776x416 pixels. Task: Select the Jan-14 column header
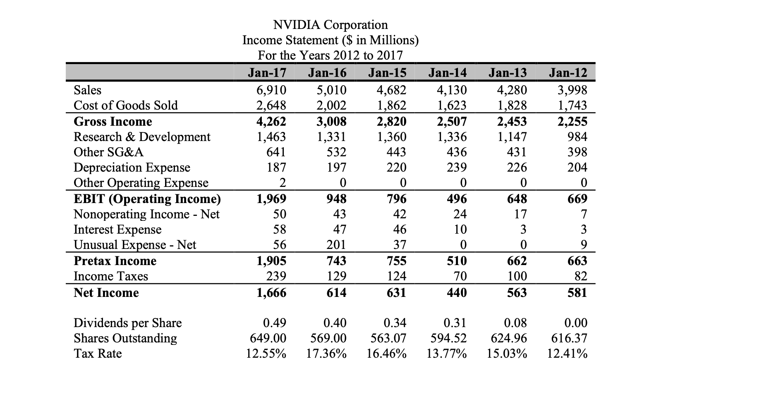click(448, 73)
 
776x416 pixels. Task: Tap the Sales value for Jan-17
click(271, 90)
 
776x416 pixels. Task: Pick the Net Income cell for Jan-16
click(336, 293)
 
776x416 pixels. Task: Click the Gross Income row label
click(113, 122)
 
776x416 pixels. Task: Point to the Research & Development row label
click(142, 137)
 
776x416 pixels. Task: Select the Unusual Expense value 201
click(336, 245)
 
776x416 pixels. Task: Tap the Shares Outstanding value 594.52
click(448, 338)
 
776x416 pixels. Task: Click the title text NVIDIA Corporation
click(331, 25)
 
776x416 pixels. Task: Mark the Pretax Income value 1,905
click(271, 261)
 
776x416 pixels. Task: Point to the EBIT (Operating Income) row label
click(147, 199)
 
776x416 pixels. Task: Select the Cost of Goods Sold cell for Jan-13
click(512, 105)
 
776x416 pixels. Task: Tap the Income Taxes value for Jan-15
click(396, 276)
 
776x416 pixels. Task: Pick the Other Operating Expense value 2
click(282, 183)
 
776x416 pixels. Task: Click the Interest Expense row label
click(117, 230)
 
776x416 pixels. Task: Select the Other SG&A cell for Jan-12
click(577, 152)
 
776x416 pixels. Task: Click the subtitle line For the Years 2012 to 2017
click(330, 55)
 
